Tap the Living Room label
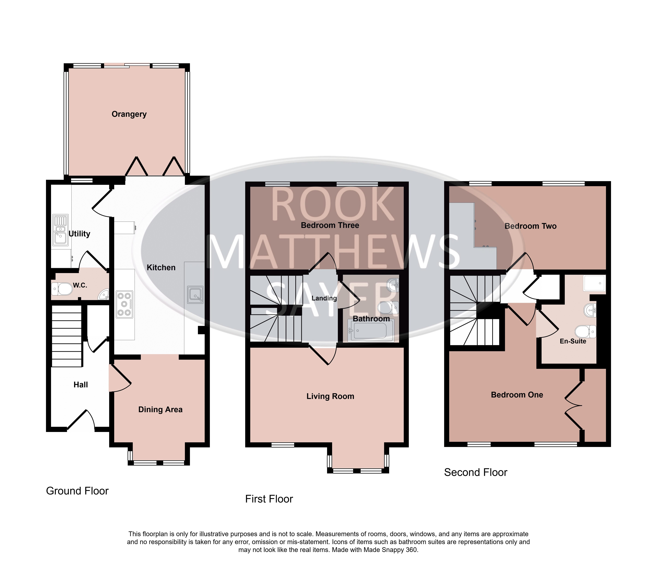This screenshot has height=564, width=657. pyautogui.click(x=330, y=396)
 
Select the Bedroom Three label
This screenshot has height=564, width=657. pyautogui.click(x=330, y=225)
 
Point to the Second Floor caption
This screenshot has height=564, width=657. pyautogui.click(x=476, y=472)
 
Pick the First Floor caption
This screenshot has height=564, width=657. pyautogui.click(x=269, y=499)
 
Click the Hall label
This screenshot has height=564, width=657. pyautogui.click(x=81, y=385)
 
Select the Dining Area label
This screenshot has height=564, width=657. pyautogui.click(x=160, y=410)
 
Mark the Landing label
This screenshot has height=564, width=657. pyautogui.click(x=324, y=298)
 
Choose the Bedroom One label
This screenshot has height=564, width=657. pyautogui.click(x=517, y=395)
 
